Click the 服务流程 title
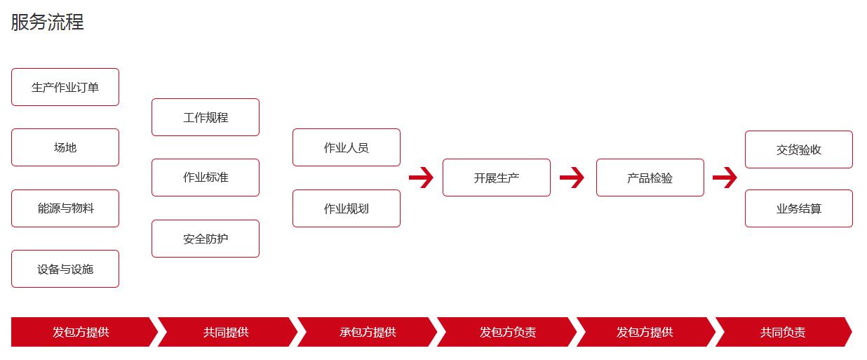[47, 22]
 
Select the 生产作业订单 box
[65, 87]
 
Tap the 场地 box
[65, 147]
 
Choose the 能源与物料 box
[65, 208]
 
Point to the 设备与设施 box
[65, 269]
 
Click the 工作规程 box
[206, 117]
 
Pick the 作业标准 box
[206, 178]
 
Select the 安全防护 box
[206, 239]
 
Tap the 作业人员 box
[347, 147]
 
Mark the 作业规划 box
[347, 208]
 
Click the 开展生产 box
[497, 178]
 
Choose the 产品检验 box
[650, 178]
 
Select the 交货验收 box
[799, 149]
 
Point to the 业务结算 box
[799, 208]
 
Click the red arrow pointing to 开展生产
[421, 178]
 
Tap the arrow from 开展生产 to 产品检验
[572, 178]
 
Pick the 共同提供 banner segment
[227, 332]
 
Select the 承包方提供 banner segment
[368, 332]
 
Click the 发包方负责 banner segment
[507, 332]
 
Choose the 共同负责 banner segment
[784, 332]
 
